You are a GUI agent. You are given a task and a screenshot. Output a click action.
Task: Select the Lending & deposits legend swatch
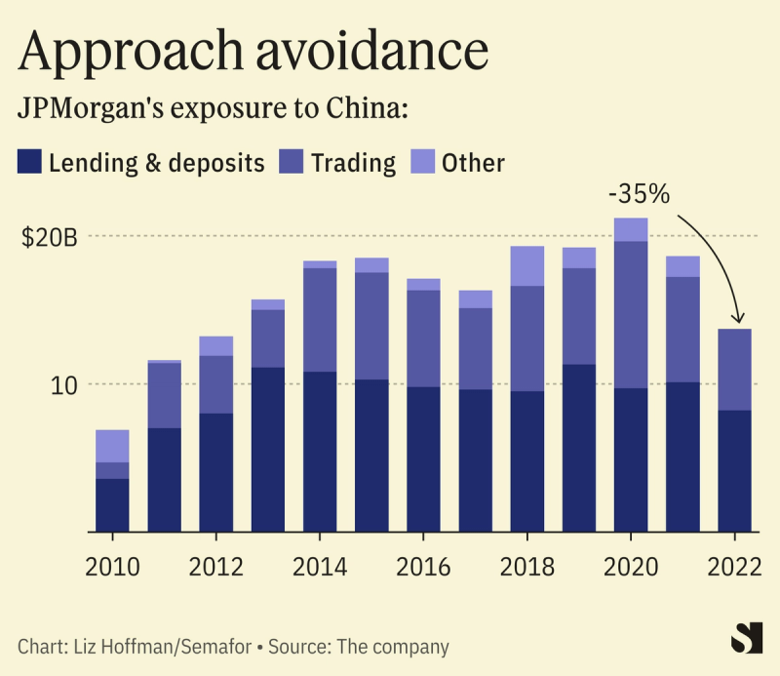click(30, 162)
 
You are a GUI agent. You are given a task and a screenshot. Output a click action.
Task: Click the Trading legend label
click(353, 162)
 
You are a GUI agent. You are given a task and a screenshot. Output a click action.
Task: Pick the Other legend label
click(473, 162)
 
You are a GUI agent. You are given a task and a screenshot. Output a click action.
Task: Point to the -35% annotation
click(639, 194)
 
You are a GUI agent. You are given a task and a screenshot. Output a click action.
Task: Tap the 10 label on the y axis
click(60, 384)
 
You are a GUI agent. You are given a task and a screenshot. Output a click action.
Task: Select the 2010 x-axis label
click(113, 570)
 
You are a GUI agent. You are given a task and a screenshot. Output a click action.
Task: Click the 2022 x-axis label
click(733, 570)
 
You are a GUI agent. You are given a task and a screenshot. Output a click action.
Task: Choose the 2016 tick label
click(423, 570)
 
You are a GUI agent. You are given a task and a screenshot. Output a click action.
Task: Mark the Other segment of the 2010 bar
click(113, 446)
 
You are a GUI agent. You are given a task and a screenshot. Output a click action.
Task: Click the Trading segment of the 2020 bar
click(630, 314)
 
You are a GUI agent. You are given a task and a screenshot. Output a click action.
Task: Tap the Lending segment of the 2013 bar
click(268, 449)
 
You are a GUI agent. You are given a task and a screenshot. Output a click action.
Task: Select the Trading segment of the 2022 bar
click(733, 370)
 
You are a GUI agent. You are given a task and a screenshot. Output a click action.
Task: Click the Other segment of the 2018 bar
click(526, 265)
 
